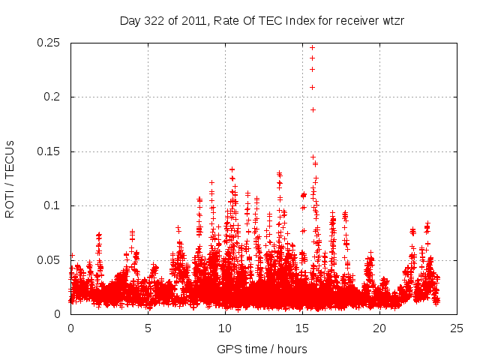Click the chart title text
coord(262,20)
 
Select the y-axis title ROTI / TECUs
coord(10,178)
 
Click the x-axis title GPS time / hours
coord(262,349)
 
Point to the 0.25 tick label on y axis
coord(49,43)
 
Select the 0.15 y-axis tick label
coord(49,151)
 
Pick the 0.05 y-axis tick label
coord(49,260)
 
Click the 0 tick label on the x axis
coord(70,328)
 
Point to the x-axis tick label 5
coord(148,328)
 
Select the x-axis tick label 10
coord(225,328)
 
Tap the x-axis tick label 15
coord(302,328)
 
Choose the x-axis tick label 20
coord(379,328)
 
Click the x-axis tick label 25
coord(457,328)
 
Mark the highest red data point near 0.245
coord(312,48)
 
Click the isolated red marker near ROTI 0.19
coord(313,109)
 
